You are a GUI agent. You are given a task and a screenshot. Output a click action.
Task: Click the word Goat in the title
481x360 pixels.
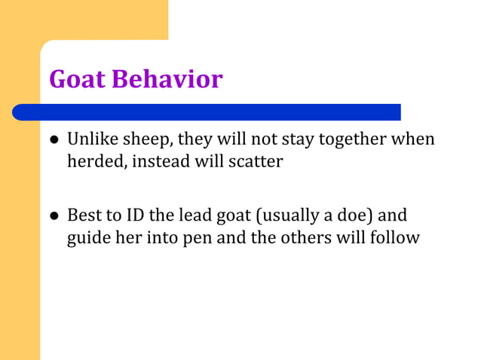click(x=78, y=79)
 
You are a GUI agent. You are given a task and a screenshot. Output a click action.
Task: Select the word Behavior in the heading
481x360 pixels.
click(x=167, y=79)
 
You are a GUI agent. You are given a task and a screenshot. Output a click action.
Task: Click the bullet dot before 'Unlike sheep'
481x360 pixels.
click(x=54, y=141)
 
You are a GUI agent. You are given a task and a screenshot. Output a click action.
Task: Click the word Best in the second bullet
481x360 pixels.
click(x=83, y=216)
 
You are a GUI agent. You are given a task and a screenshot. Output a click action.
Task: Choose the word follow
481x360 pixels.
click(x=397, y=237)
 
